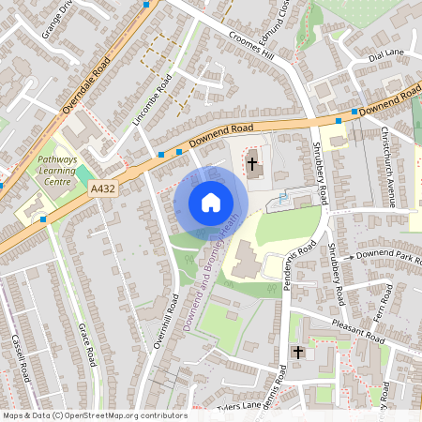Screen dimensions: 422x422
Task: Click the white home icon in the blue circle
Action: [x=210, y=202]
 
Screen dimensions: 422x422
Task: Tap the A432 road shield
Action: [x=103, y=189]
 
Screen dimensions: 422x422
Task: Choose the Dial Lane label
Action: [x=384, y=54]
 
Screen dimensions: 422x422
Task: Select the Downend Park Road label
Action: [x=386, y=255]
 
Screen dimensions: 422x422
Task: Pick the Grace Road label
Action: [x=88, y=344]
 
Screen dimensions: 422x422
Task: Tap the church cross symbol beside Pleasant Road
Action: [x=298, y=353]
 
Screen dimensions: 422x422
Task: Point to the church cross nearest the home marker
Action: [x=251, y=164]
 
